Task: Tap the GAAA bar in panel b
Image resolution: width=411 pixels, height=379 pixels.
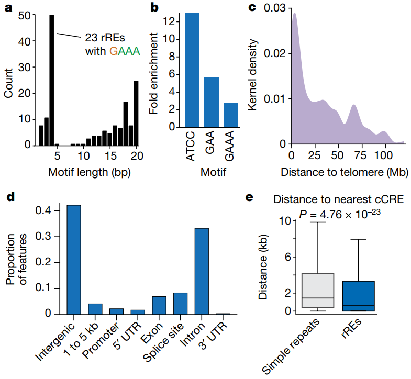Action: click(x=230, y=115)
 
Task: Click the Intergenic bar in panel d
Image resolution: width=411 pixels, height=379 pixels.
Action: click(x=74, y=260)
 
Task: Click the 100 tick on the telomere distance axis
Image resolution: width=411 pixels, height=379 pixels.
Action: click(x=384, y=156)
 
